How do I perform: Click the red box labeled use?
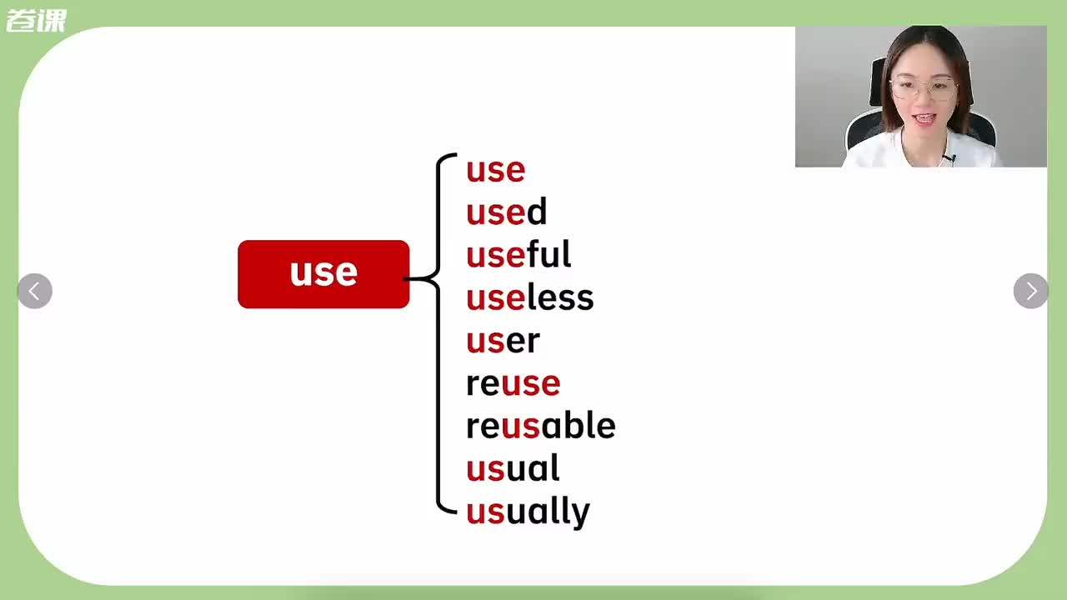point(323,274)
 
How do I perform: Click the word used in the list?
point(506,212)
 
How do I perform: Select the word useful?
point(518,254)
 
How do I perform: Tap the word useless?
point(529,297)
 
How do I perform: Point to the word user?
point(503,341)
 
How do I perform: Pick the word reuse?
point(513,384)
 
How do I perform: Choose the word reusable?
point(541,425)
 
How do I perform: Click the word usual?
point(513,467)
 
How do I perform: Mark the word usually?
point(528,512)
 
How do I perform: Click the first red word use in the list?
point(495,170)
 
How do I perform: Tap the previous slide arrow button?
point(35,291)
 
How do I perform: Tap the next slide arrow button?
point(1031,291)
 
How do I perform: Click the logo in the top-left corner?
point(36,21)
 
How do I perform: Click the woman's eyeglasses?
point(923,89)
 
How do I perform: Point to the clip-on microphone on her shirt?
point(949,158)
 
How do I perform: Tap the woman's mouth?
point(924,118)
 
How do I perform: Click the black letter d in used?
point(536,211)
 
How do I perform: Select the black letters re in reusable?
point(483,427)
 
